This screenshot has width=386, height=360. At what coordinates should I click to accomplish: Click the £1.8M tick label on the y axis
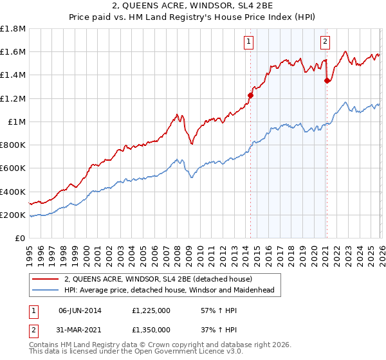[13, 29]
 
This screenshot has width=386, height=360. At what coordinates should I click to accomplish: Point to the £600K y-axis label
[13, 168]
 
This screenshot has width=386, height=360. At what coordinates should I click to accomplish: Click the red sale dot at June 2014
[250, 95]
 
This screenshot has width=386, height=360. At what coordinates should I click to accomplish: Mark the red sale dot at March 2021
[327, 80]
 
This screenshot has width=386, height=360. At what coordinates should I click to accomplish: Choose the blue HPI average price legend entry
[169, 290]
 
